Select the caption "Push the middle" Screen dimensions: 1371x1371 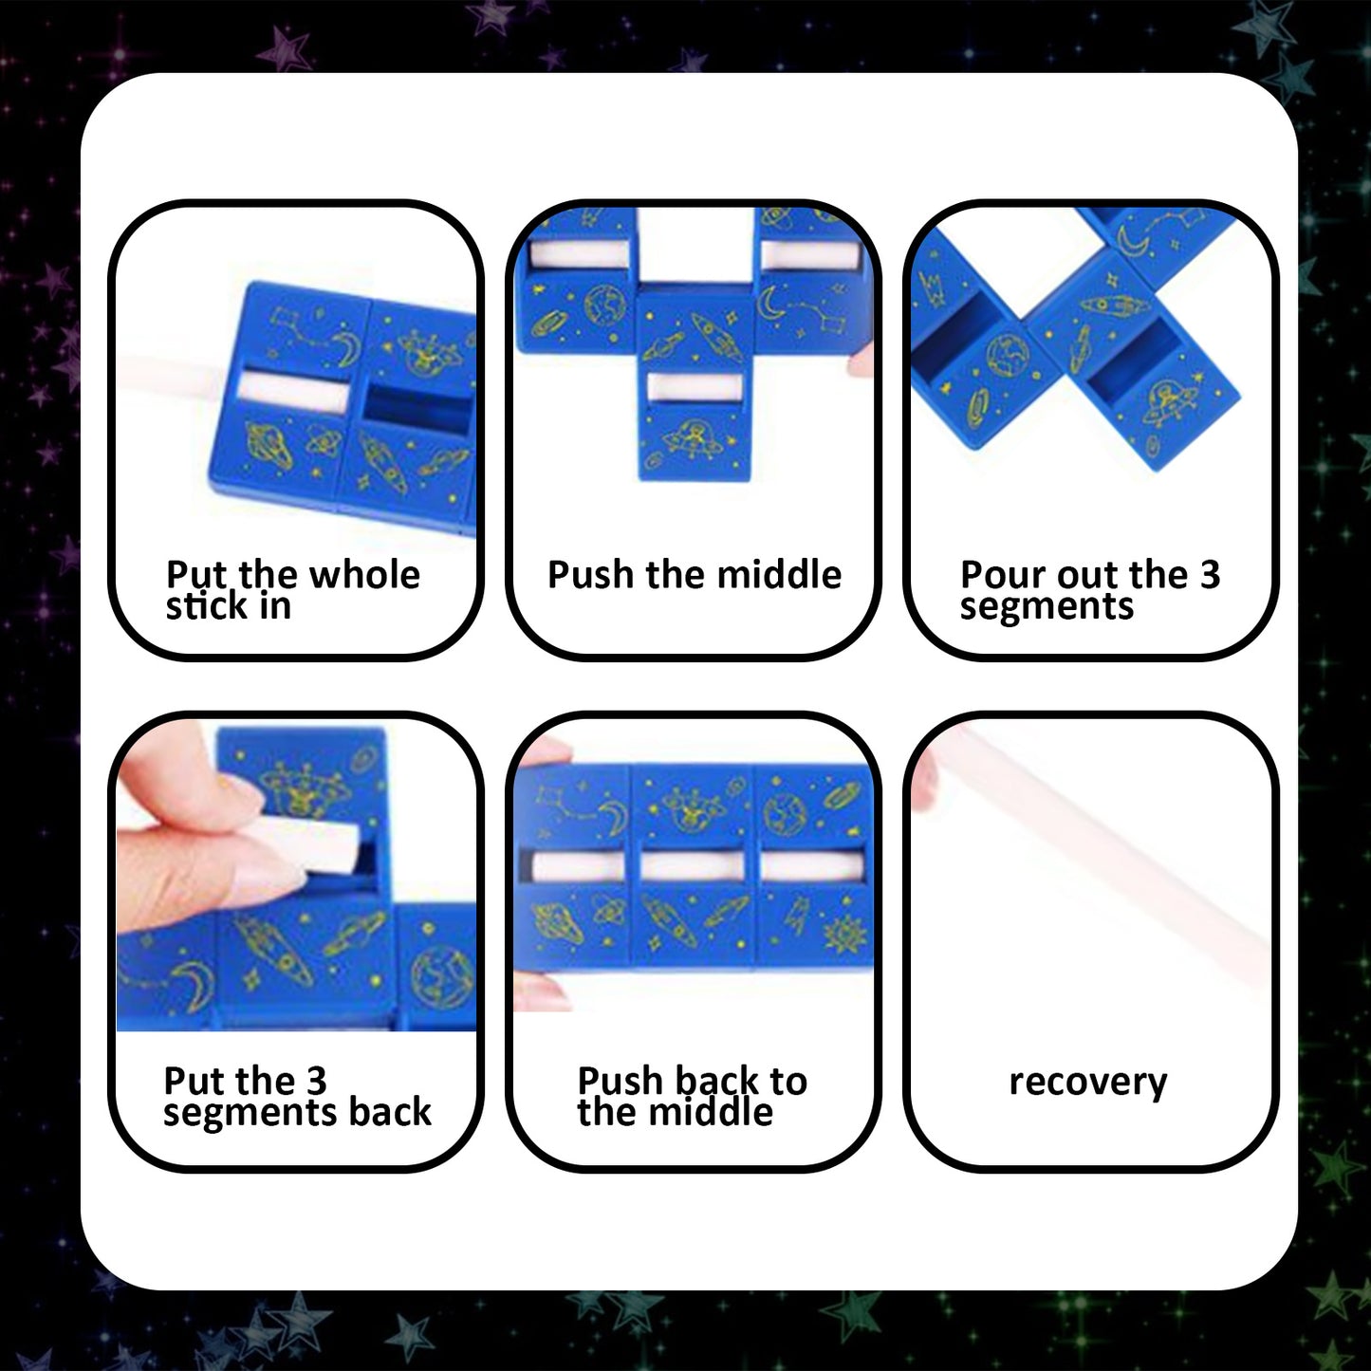pyautogui.click(x=694, y=575)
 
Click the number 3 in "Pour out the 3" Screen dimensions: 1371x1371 pyautogui.click(x=1210, y=575)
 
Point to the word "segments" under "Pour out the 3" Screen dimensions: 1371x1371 pyautogui.click(x=1047, y=606)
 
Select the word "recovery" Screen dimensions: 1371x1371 pyautogui.click(x=1087, y=1082)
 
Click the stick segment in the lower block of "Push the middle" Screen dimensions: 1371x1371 pyautogui.click(x=694, y=388)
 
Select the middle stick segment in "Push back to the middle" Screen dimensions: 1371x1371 pyautogui.click(x=693, y=866)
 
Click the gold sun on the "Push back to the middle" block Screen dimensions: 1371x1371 pyautogui.click(x=840, y=935)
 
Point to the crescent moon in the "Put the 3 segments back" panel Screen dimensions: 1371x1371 pyautogui.click(x=195, y=978)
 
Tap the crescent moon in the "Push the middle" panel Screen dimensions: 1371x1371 pyautogui.click(x=768, y=301)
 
